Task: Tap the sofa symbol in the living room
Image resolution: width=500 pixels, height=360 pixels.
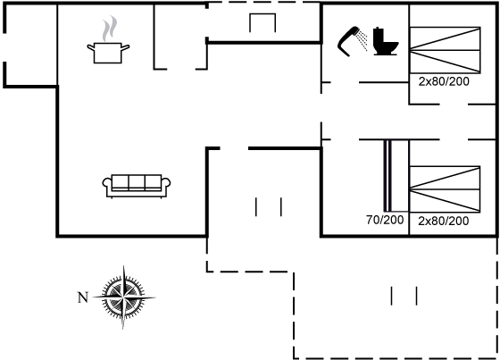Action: point(137,186)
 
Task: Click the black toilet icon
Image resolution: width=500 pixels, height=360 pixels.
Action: point(385,41)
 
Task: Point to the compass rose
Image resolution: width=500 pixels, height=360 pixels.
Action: point(124,297)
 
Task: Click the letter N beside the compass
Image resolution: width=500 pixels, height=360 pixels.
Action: point(83,297)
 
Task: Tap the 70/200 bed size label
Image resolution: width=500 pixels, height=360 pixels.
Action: point(385,220)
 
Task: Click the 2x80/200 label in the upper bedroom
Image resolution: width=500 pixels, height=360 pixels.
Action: point(444,81)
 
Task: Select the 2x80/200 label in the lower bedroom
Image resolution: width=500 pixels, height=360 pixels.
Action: point(444,221)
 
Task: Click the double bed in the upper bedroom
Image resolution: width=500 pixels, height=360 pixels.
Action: point(445,50)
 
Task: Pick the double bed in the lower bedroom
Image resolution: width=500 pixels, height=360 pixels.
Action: point(445,189)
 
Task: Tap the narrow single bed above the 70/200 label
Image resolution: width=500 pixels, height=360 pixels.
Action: point(396,175)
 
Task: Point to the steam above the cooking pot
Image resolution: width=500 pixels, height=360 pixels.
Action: point(110,29)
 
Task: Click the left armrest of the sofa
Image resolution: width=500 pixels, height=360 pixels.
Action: point(107,186)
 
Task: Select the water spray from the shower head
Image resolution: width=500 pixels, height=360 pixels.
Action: point(362,40)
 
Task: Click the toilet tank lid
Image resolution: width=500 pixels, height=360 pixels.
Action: point(379,29)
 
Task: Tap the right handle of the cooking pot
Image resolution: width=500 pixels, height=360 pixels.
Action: point(125,47)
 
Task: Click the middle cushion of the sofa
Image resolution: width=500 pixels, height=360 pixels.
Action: point(137,182)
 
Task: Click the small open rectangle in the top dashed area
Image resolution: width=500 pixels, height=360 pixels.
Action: point(262,23)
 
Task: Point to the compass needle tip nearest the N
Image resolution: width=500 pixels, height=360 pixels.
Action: point(93,297)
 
